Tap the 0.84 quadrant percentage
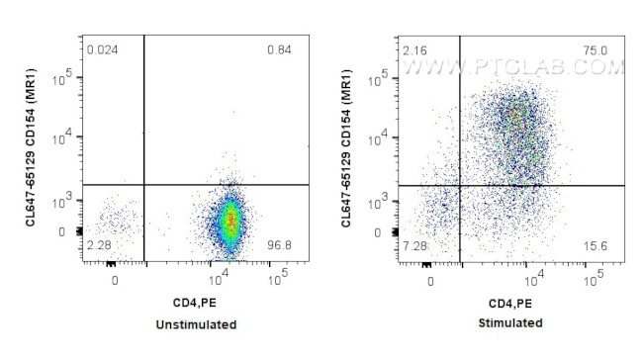point(280,49)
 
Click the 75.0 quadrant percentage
point(597,49)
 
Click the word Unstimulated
point(196,324)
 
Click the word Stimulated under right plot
point(509,324)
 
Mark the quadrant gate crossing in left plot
point(144,185)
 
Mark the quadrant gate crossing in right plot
point(460,185)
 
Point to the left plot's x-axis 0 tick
point(116,281)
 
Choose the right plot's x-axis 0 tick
point(430,281)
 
